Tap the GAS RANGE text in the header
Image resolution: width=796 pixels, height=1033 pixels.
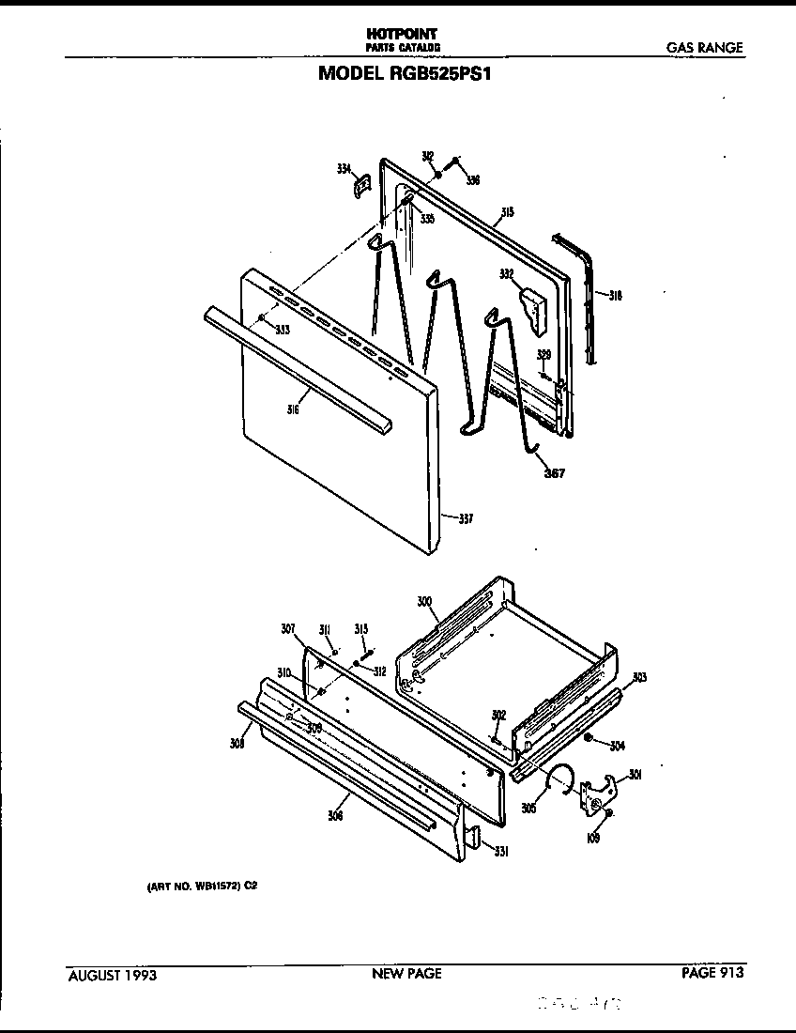(x=704, y=47)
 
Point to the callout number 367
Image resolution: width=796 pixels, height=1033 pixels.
(x=554, y=472)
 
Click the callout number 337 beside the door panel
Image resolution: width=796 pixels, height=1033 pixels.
(x=466, y=518)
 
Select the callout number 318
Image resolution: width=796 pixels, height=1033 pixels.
(x=615, y=296)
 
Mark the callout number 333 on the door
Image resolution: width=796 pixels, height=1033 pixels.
(x=282, y=330)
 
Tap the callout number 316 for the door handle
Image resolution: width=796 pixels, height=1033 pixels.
(x=293, y=409)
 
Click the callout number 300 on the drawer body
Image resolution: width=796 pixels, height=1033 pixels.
(x=424, y=600)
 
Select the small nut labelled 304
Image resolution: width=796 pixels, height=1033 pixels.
(x=589, y=738)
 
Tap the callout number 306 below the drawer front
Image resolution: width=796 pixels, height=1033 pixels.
(x=335, y=816)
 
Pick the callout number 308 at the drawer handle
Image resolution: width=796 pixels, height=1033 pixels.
(x=237, y=745)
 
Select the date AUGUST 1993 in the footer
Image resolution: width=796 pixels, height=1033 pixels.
(x=113, y=975)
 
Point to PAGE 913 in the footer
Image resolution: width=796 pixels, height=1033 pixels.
(x=712, y=973)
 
